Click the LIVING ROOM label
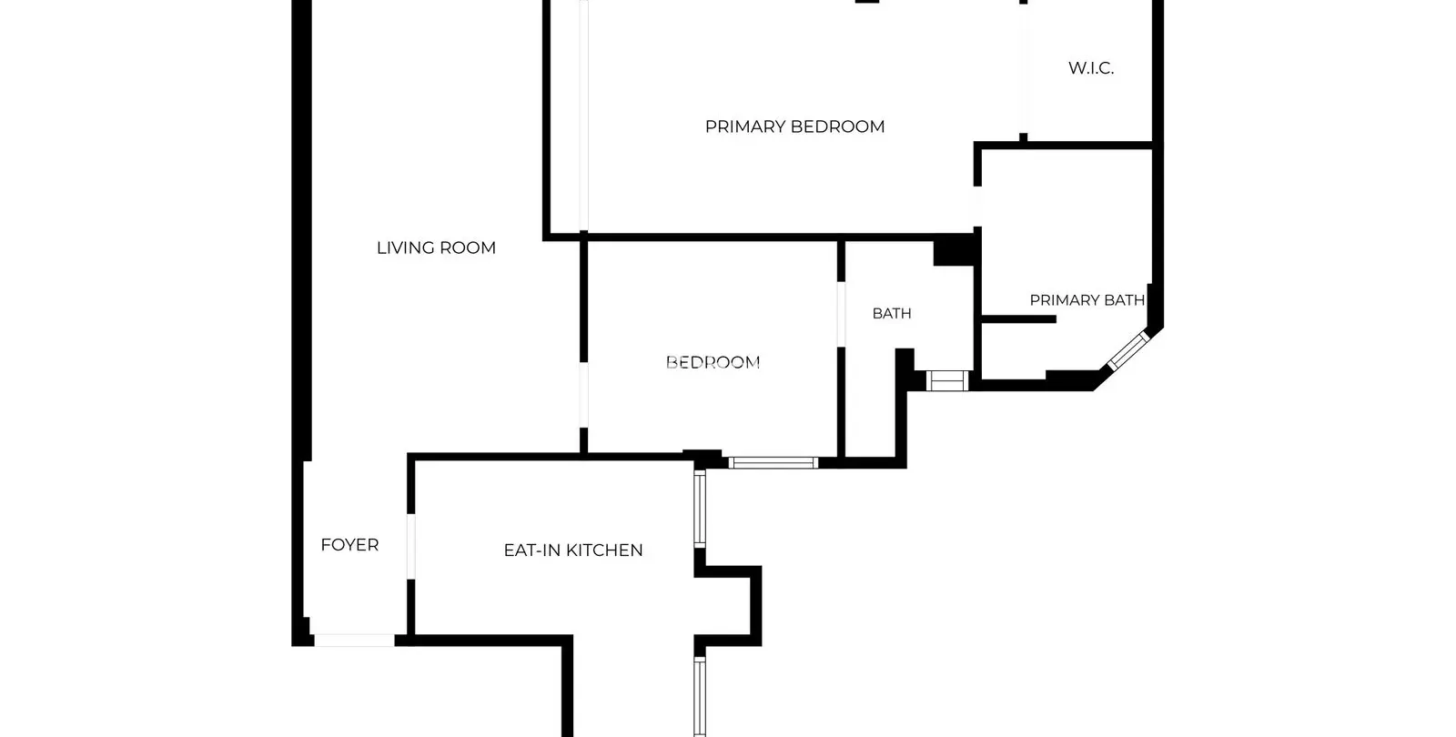point(436,247)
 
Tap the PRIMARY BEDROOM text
point(795,126)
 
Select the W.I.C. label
point(1091,68)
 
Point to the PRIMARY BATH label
point(1087,300)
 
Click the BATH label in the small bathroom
point(892,314)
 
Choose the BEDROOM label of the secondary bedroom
point(713,363)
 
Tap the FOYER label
point(349,545)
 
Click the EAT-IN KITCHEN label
point(573,550)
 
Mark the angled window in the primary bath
point(1128,351)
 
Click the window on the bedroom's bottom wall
point(773,463)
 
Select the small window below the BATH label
point(947,380)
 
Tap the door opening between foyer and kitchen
point(410,547)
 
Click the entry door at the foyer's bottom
point(354,641)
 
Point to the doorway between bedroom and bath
point(841,315)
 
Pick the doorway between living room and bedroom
point(583,395)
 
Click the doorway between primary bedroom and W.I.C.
point(1024,68)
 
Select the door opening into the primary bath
point(977,207)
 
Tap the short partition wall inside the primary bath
point(1018,319)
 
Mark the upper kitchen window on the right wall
point(700,509)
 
